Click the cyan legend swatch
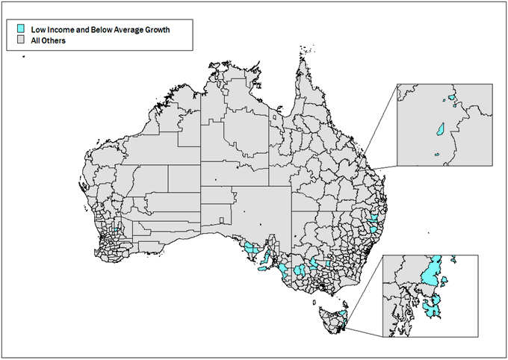click(21, 30)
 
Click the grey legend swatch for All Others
click(21, 40)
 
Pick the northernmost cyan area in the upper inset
click(452, 97)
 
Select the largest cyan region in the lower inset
click(429, 273)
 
